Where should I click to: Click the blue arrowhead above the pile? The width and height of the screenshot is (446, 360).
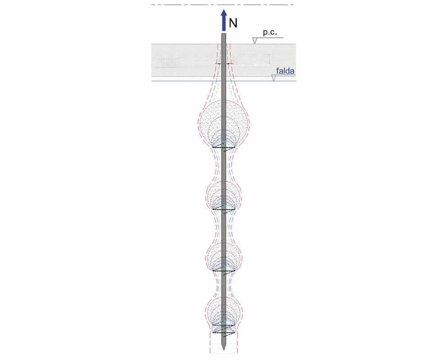224,13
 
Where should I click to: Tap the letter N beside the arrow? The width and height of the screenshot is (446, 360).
233,23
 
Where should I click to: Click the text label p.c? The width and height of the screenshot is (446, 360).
269,33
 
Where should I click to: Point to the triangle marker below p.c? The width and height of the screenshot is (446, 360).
255,40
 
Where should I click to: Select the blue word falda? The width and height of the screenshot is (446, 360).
285,71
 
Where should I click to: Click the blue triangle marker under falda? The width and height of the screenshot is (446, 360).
273,78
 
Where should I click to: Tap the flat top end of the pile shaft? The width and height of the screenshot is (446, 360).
224,34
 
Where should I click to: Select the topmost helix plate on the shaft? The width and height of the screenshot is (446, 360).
224,148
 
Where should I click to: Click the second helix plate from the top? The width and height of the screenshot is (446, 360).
224,210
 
